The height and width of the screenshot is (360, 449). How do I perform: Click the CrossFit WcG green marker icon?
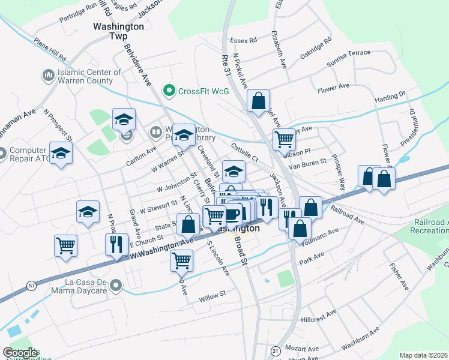pyautogui.click(x=170, y=91)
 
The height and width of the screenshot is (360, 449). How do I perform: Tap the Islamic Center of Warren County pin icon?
pyautogui.click(x=48, y=76)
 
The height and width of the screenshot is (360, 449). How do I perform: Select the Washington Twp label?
pyautogui.click(x=119, y=31)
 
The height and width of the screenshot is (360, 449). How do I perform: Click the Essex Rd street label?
pyautogui.click(x=244, y=40)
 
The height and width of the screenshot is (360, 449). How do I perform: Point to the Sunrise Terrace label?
pyautogui.click(x=349, y=57)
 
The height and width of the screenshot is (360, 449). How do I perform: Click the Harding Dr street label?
pyautogui.click(x=390, y=97)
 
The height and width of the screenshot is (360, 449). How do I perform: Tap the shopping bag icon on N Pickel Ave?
pyautogui.click(x=258, y=102)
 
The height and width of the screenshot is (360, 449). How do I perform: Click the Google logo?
pyautogui.click(x=20, y=353)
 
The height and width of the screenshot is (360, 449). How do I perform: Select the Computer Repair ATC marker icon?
pyautogui.click(x=2, y=154)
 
